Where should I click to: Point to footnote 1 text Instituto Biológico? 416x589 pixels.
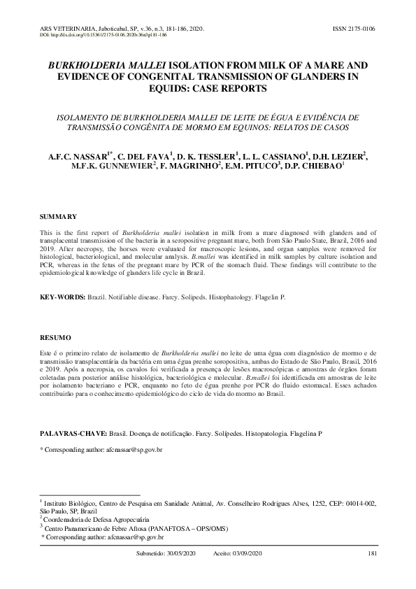tap(72, 503)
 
